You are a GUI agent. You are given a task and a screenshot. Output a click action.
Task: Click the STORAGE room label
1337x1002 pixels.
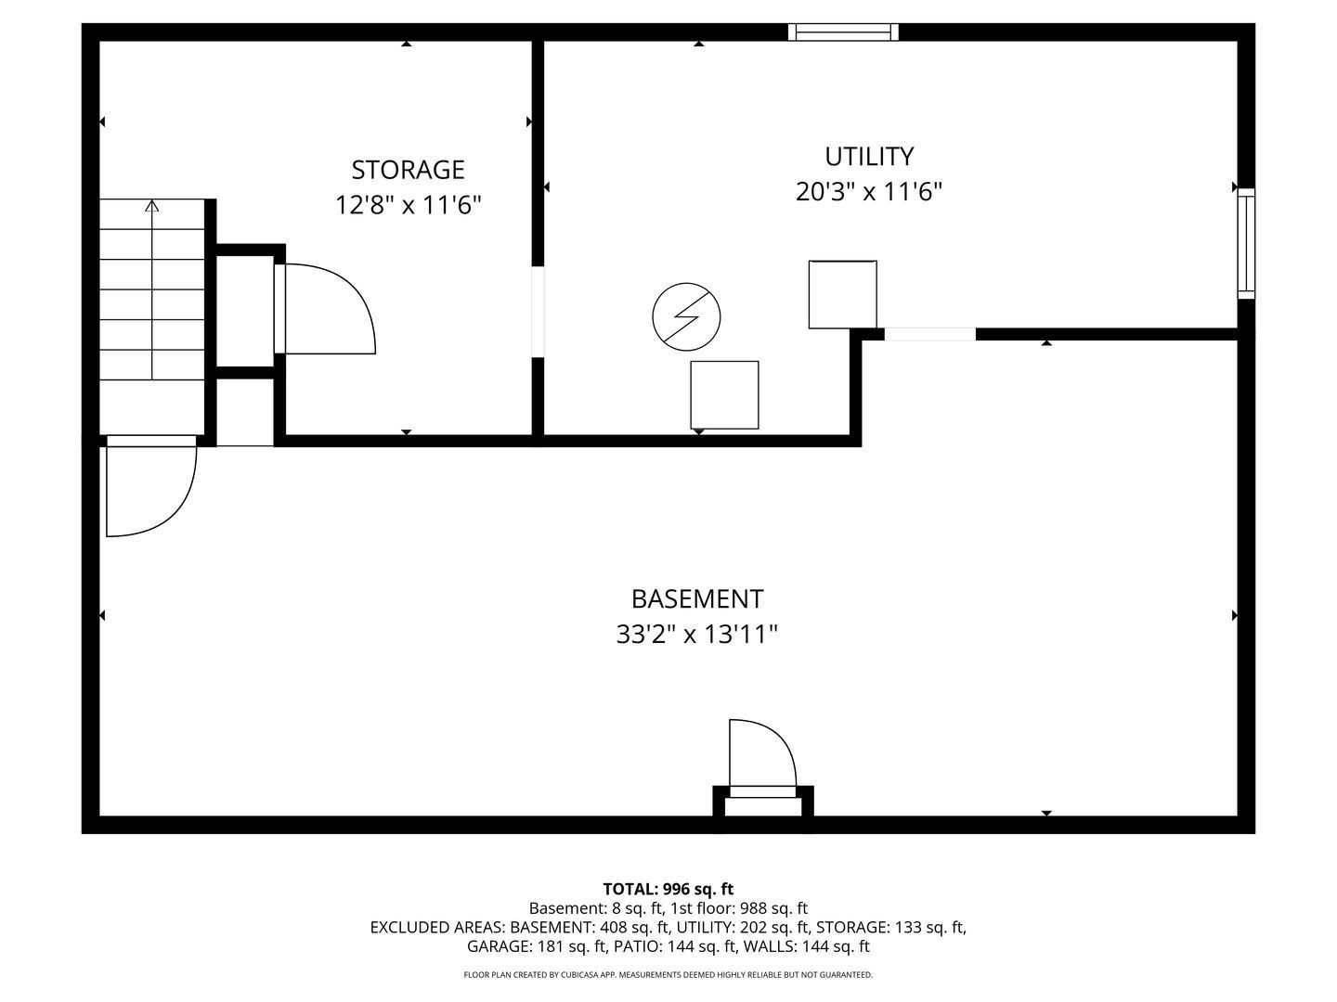point(408,170)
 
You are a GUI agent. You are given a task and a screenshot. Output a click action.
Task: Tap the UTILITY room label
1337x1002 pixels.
point(869,157)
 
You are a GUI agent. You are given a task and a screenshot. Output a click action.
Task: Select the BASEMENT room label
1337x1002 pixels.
point(697,599)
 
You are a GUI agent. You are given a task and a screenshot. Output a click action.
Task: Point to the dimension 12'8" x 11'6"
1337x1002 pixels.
point(408,205)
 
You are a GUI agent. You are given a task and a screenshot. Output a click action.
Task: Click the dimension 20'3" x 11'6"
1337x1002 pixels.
point(869,192)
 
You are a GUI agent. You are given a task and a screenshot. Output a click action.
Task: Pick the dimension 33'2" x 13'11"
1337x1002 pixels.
point(697,635)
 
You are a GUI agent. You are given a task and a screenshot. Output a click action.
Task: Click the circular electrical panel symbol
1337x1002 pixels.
point(686,317)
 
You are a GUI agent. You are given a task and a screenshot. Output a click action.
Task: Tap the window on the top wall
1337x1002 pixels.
point(842,32)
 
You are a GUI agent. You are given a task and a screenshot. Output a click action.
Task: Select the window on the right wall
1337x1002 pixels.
point(1246,243)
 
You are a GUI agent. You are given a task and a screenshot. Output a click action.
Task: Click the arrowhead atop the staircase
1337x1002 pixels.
point(151,206)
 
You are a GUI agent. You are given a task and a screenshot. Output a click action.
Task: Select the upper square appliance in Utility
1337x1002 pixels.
point(842,294)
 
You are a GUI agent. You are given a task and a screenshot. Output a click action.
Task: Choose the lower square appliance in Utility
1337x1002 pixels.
point(724,395)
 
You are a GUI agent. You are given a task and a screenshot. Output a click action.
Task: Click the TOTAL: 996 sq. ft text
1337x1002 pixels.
point(668,889)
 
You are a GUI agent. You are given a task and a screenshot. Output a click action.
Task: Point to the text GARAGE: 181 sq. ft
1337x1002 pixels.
point(537,946)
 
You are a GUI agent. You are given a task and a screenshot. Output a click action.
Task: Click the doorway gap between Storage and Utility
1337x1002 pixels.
point(538,312)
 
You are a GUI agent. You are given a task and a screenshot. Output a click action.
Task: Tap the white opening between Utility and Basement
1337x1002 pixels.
point(929,334)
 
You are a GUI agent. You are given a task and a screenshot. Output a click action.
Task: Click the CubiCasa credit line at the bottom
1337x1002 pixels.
point(668,974)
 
